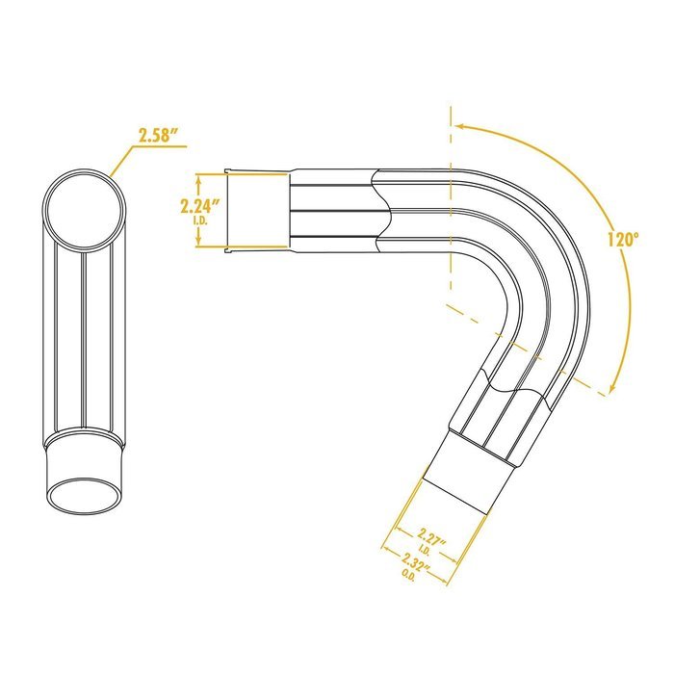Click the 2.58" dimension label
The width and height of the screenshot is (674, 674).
coord(158,135)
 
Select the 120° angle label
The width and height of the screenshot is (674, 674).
coord(623,239)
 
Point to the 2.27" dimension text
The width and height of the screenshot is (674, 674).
coord(431,537)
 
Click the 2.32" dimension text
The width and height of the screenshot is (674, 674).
coord(416,561)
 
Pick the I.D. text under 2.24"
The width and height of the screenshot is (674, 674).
coord(200,221)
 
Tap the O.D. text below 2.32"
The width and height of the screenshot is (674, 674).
coord(408,575)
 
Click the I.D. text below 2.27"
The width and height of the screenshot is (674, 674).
coord(424,550)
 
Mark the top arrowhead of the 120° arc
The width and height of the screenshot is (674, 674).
coord(460,126)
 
